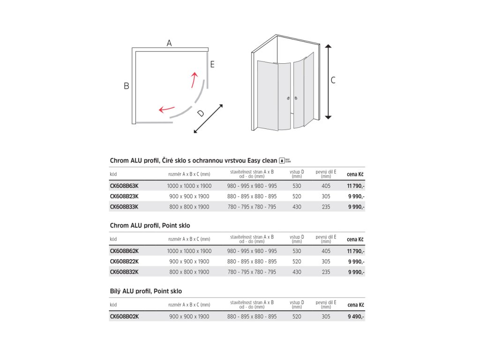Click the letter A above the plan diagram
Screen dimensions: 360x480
pyautogui.click(x=169, y=43)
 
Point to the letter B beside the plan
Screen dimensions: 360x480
pyautogui.click(x=127, y=86)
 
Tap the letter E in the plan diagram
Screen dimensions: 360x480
pyautogui.click(x=212, y=65)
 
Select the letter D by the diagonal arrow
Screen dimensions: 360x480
pyautogui.click(x=200, y=113)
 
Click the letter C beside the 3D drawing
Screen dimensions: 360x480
pyautogui.click(x=333, y=80)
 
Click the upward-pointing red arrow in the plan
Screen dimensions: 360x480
pyautogui.click(x=194, y=80)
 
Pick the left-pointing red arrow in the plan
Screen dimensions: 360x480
pyautogui.click(x=166, y=109)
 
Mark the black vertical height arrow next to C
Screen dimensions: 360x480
pyautogui.click(x=328, y=82)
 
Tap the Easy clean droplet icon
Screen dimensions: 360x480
pyautogui.click(x=282, y=160)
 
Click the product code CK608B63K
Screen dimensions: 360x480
pyautogui.click(x=124, y=186)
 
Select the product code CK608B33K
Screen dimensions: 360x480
pyautogui.click(x=124, y=207)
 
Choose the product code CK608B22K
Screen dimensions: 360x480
pyautogui.click(x=124, y=262)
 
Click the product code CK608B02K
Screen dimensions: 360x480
pyautogui.click(x=124, y=316)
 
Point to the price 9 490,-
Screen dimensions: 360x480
pyautogui.click(x=356, y=316)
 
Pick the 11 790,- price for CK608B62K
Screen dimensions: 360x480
pyautogui.click(x=356, y=251)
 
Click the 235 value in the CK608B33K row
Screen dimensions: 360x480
pyautogui.click(x=326, y=207)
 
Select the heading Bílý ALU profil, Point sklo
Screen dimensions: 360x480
pyautogui.click(x=146, y=291)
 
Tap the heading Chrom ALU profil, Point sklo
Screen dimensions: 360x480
pyautogui.click(x=150, y=225)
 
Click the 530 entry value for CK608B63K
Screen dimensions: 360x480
pyautogui.click(x=297, y=186)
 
